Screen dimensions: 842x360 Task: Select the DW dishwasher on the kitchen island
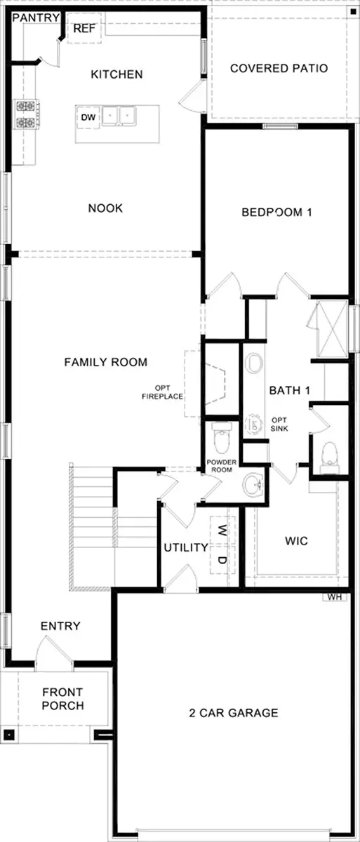[x=88, y=117]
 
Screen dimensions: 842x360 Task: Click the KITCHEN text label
[x=116, y=74]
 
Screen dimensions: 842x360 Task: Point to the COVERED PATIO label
[x=279, y=68]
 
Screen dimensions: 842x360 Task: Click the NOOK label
[x=105, y=208]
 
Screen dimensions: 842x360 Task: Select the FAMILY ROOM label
[x=105, y=362]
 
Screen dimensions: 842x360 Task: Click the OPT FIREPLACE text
[x=170, y=392]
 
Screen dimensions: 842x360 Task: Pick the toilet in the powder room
[x=221, y=439]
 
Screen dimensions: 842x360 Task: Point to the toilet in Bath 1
[x=328, y=456]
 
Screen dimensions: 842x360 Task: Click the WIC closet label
[x=296, y=541]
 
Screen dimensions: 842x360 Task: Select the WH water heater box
[x=333, y=597]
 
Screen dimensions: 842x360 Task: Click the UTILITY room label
[x=185, y=547]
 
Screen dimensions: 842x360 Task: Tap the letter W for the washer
[x=222, y=528]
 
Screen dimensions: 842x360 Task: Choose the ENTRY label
[x=60, y=626]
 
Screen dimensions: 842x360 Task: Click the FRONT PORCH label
[x=62, y=698]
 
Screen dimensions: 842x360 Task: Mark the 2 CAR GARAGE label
[x=233, y=713]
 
